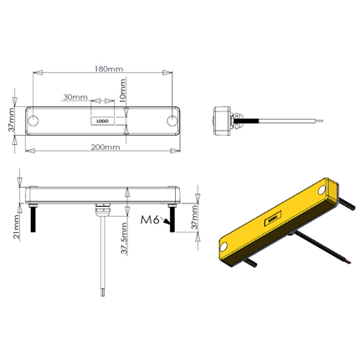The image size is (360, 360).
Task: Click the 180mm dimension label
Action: pyautogui.click(x=109, y=69)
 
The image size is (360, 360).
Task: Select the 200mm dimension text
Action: pyautogui.click(x=105, y=147)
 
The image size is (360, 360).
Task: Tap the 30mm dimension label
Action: pyautogui.click(x=75, y=97)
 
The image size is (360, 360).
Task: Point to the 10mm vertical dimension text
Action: pyautogui.click(x=123, y=90)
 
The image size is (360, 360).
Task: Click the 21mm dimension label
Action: pyautogui.click(x=17, y=226)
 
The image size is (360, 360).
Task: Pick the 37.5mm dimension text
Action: pyautogui.click(x=124, y=238)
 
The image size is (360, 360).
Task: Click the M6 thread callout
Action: pyautogui.click(x=150, y=220)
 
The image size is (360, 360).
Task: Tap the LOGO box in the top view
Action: pyautogui.click(x=103, y=121)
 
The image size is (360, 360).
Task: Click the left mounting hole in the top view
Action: pyautogui.click(x=33, y=121)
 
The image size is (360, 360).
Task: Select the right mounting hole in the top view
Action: pyautogui.click(x=172, y=121)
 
